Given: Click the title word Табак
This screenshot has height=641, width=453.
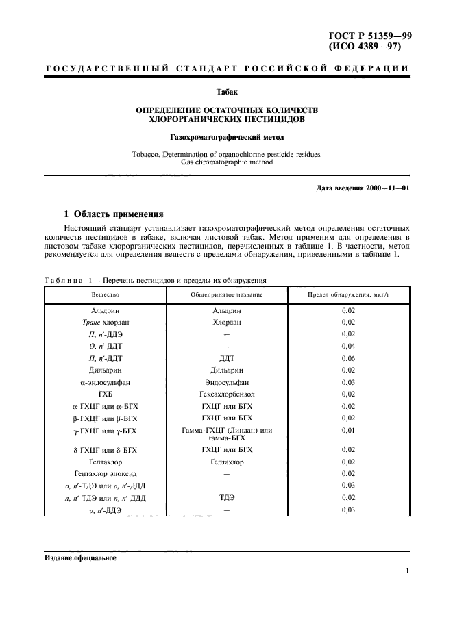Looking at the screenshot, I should [227, 90].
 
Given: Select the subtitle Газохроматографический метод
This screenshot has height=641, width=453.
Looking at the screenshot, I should [227, 137].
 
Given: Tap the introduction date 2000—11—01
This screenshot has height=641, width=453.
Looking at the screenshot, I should [387, 188].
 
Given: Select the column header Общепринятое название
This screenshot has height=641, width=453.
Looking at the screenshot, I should [227, 294].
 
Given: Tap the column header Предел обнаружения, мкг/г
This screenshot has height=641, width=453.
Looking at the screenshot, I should [348, 294].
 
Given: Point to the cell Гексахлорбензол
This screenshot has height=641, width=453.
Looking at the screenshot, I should [227, 393].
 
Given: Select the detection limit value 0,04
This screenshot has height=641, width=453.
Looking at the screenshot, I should [348, 346].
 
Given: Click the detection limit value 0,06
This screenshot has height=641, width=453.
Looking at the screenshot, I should [348, 357].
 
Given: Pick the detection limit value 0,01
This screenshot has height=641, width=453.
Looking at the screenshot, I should [348, 430].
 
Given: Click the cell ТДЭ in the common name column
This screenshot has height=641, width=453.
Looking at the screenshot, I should [227, 498].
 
